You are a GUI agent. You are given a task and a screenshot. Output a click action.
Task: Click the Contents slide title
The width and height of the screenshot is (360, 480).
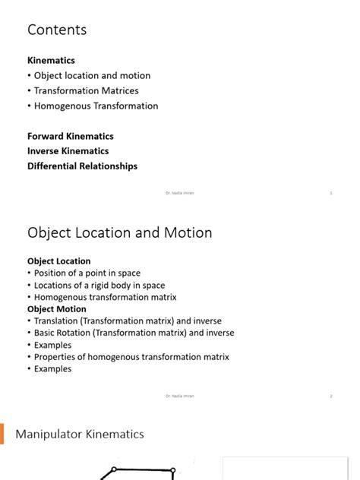click(x=57, y=30)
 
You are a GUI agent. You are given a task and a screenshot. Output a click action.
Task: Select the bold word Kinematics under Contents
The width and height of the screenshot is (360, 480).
click(x=51, y=60)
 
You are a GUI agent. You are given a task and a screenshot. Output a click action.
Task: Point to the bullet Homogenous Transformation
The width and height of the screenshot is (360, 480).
click(x=96, y=106)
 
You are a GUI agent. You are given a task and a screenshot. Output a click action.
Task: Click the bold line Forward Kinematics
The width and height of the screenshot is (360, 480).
click(x=71, y=136)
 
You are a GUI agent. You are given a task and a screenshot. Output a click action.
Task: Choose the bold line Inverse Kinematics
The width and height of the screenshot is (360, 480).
click(x=68, y=151)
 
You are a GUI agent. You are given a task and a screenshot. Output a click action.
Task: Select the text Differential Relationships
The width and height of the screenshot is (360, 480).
click(x=82, y=166)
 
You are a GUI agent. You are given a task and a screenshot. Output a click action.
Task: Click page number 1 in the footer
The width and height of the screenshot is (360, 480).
click(x=331, y=194)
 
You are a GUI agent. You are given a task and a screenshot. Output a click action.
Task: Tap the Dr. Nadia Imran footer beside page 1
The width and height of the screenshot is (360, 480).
click(x=179, y=194)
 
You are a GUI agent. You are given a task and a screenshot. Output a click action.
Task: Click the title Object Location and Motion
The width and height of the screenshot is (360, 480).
click(x=119, y=233)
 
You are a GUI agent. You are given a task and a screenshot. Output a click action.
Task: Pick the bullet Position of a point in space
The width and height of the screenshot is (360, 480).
click(x=87, y=273)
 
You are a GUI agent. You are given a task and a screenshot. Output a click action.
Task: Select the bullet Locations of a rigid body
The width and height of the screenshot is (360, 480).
click(x=99, y=285)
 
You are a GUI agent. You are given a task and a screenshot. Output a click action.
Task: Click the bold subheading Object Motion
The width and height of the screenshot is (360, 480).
click(x=57, y=309)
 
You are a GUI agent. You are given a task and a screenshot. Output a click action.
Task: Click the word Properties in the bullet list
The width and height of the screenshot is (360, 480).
click(x=56, y=357)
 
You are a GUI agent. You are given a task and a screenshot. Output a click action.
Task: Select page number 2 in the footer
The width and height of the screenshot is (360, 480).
click(x=331, y=396)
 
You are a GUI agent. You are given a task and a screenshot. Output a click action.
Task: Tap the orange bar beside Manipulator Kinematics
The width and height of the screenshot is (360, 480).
click(x=2, y=434)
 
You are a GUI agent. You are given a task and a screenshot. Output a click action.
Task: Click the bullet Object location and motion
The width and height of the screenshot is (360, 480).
click(x=92, y=75)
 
